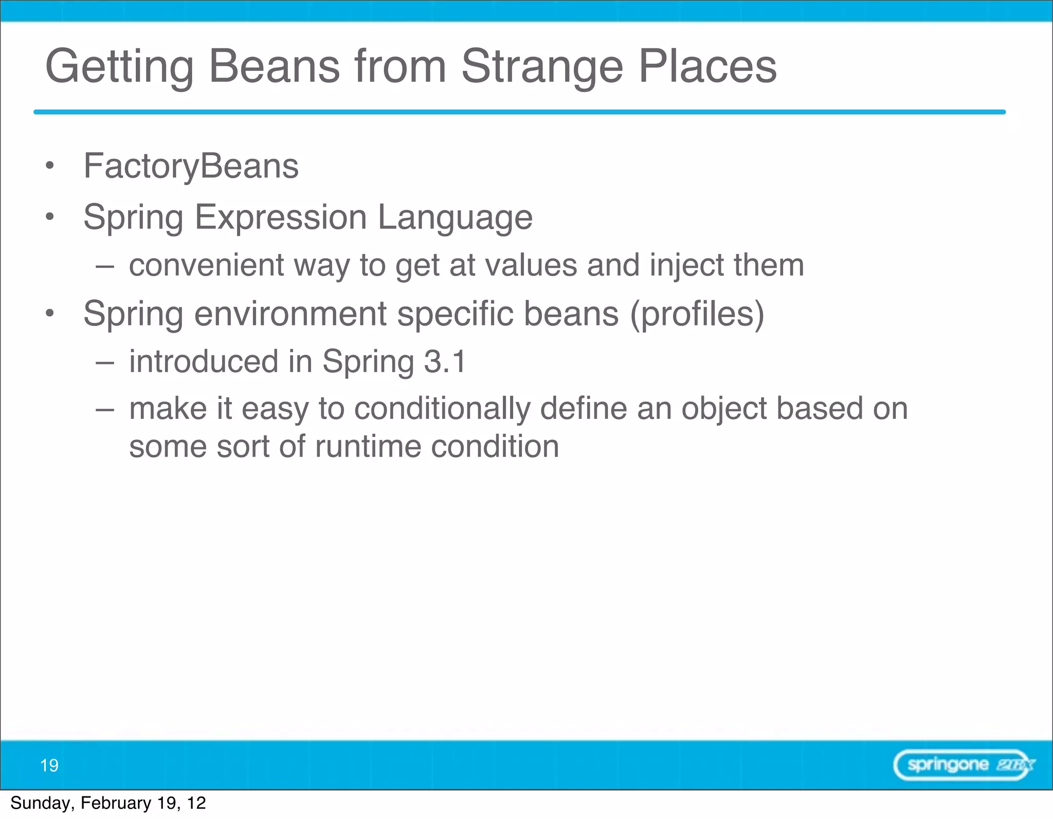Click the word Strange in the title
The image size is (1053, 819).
tap(542, 67)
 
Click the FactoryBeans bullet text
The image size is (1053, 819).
tap(191, 167)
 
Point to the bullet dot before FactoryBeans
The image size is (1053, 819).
tap(49, 166)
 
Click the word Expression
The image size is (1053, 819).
tap(281, 217)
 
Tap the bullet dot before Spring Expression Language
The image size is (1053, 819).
tap(49, 217)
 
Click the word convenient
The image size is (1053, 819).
tap(206, 265)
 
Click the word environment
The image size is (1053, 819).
tap(291, 314)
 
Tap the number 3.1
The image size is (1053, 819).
tap(445, 361)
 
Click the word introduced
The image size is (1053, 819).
tap(204, 361)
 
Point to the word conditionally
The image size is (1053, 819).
tap(442, 409)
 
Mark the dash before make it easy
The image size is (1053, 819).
tap(104, 410)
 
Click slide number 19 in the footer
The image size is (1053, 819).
tap(49, 766)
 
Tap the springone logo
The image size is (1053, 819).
tap(964, 765)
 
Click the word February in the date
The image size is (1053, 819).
tap(117, 803)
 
